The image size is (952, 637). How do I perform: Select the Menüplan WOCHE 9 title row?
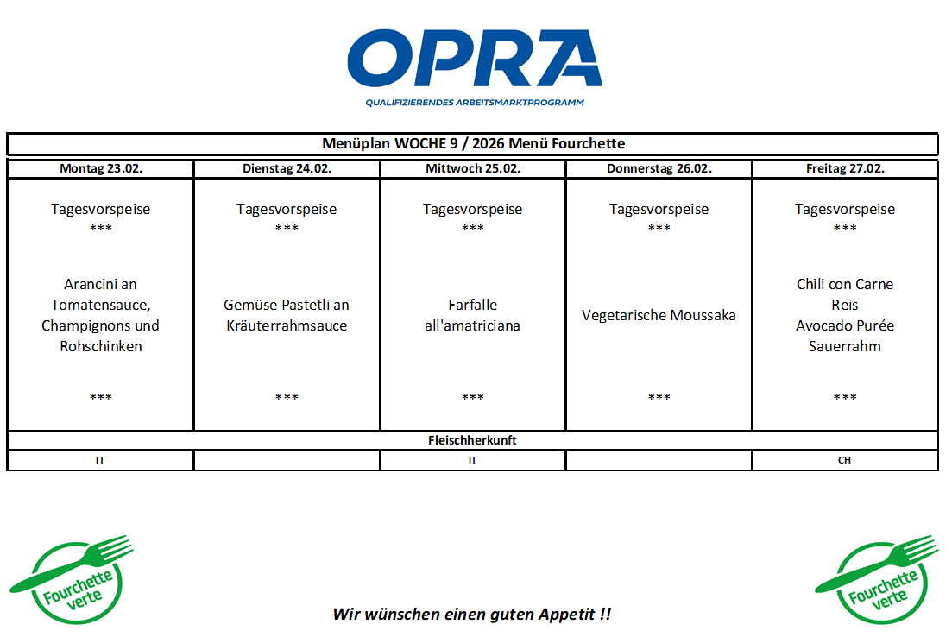pyautogui.click(x=473, y=143)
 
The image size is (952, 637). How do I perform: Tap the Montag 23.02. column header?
pyautogui.click(x=100, y=168)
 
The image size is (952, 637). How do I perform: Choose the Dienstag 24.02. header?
pyautogui.click(x=287, y=168)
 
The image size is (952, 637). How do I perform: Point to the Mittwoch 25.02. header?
pyautogui.click(x=472, y=168)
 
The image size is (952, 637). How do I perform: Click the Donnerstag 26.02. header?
pyautogui.click(x=659, y=168)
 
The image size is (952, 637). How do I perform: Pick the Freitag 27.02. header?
pyautogui.click(x=844, y=168)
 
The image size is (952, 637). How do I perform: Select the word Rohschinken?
pyautogui.click(x=100, y=346)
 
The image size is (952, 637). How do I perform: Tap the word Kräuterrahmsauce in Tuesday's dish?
pyautogui.click(x=287, y=325)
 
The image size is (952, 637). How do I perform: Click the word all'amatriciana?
pyautogui.click(x=472, y=325)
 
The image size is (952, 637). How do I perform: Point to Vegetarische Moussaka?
pyautogui.click(x=659, y=315)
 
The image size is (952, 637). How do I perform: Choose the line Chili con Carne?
pyautogui.click(x=844, y=284)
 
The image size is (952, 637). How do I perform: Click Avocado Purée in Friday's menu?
pyautogui.click(x=844, y=325)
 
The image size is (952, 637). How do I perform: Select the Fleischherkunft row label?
pyautogui.click(x=472, y=440)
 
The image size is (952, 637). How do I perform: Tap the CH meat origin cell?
pyautogui.click(x=844, y=460)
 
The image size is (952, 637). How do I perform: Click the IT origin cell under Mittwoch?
pyautogui.click(x=472, y=460)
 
